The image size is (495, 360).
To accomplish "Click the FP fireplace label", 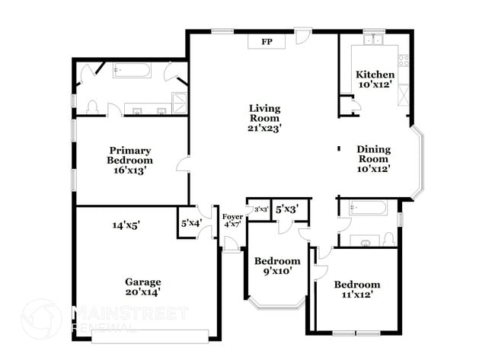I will (x=267, y=42).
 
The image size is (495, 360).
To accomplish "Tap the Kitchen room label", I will (x=375, y=75).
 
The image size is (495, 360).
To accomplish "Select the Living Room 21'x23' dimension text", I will (x=264, y=129).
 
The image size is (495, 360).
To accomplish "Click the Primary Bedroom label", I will (x=129, y=155).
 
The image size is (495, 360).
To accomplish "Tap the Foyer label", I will (x=232, y=217).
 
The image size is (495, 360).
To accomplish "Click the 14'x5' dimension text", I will (x=126, y=225).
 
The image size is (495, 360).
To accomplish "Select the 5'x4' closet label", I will (x=190, y=224).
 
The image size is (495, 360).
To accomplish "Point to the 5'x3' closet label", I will (x=286, y=209).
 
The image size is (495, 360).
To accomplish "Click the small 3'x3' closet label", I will (x=260, y=209).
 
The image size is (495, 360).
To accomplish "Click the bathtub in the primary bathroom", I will (x=133, y=71).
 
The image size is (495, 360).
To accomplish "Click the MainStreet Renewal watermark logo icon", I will (x=42, y=320).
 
